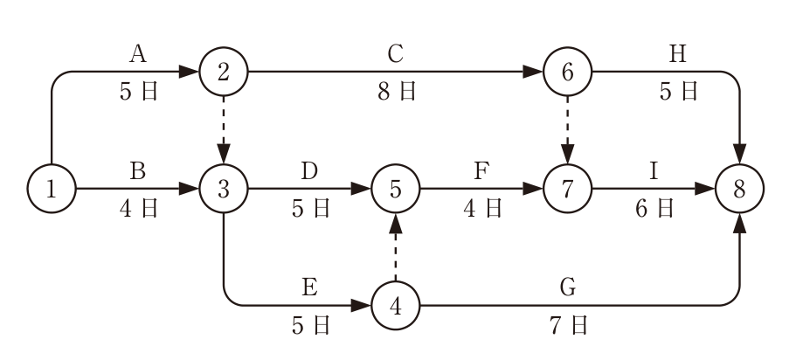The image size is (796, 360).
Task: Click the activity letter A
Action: tap(137, 53)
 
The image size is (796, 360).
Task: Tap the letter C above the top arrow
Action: tap(396, 53)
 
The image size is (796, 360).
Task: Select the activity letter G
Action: tap(568, 287)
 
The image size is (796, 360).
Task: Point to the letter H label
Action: tap(678, 53)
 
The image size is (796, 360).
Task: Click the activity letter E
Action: tap(309, 287)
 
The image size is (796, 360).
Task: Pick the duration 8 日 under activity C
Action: tap(397, 92)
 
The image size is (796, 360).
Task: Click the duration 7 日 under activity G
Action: tap(569, 325)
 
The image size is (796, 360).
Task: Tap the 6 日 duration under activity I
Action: tap(654, 208)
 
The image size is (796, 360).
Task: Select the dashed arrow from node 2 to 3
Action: tap(224, 130)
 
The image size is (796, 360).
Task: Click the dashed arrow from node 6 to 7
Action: tap(568, 130)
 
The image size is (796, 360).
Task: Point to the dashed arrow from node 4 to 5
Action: tap(396, 247)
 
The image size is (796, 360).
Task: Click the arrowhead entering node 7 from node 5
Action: tap(533, 189)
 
